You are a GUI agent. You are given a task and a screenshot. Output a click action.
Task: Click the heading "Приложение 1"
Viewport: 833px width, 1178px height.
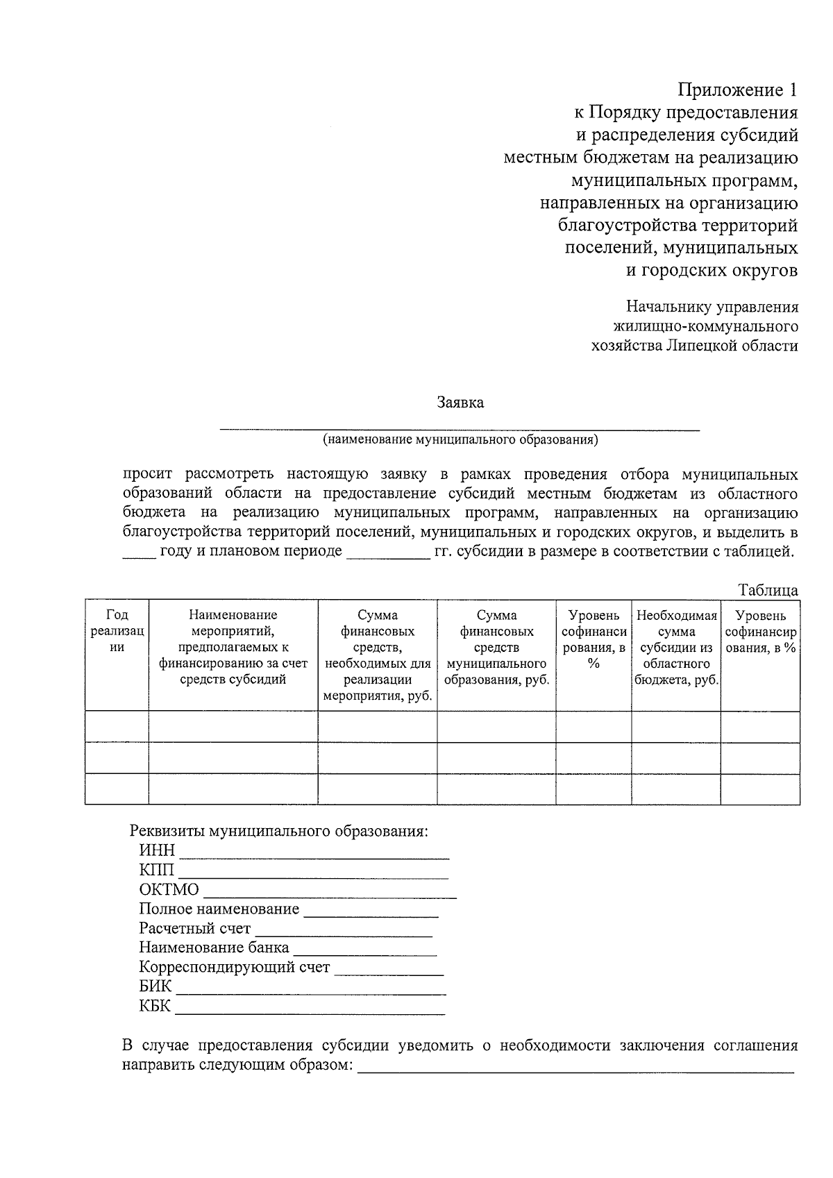click(737, 90)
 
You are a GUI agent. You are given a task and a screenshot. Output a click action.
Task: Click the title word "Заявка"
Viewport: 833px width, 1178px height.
click(460, 403)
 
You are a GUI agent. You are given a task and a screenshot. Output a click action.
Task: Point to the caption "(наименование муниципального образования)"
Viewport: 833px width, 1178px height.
click(460, 439)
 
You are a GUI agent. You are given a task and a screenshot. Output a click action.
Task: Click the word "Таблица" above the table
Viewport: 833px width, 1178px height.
click(768, 591)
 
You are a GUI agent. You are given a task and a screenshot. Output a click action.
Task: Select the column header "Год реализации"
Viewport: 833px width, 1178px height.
click(117, 631)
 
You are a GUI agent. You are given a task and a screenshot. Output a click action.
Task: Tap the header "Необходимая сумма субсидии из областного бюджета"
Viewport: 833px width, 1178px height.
click(676, 648)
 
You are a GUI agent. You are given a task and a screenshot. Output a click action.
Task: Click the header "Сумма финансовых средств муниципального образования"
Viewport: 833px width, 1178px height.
click(496, 648)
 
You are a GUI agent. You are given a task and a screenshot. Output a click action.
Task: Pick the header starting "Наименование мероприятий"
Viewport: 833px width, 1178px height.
click(233, 648)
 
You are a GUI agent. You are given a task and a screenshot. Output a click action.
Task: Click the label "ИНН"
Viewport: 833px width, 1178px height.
click(157, 851)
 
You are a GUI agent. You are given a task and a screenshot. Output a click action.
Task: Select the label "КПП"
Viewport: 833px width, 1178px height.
click(157, 870)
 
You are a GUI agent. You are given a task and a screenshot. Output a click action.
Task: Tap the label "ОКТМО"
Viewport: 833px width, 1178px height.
click(169, 890)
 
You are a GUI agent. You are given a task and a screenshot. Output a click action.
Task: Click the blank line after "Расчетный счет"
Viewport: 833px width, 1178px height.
click(344, 935)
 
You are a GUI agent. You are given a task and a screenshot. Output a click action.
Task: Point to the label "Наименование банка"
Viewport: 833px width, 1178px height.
click(214, 948)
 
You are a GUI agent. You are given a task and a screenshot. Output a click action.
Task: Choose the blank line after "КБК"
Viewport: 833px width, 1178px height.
click(310, 1013)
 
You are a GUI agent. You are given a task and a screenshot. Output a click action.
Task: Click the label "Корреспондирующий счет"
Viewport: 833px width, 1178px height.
click(234, 968)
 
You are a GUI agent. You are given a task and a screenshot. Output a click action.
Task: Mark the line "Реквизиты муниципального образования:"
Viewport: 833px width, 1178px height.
click(279, 832)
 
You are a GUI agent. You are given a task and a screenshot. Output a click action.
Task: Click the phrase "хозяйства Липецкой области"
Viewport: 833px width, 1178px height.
click(693, 346)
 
